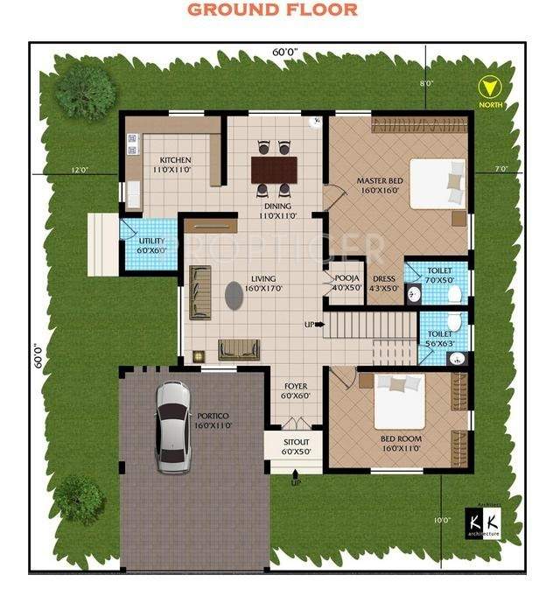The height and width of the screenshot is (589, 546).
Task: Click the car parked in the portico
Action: (x=172, y=426)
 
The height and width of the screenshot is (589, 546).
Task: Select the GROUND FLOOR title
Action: (x=273, y=11)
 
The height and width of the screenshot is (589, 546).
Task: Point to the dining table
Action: (x=274, y=168)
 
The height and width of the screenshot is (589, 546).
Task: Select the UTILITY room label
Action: (x=152, y=244)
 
